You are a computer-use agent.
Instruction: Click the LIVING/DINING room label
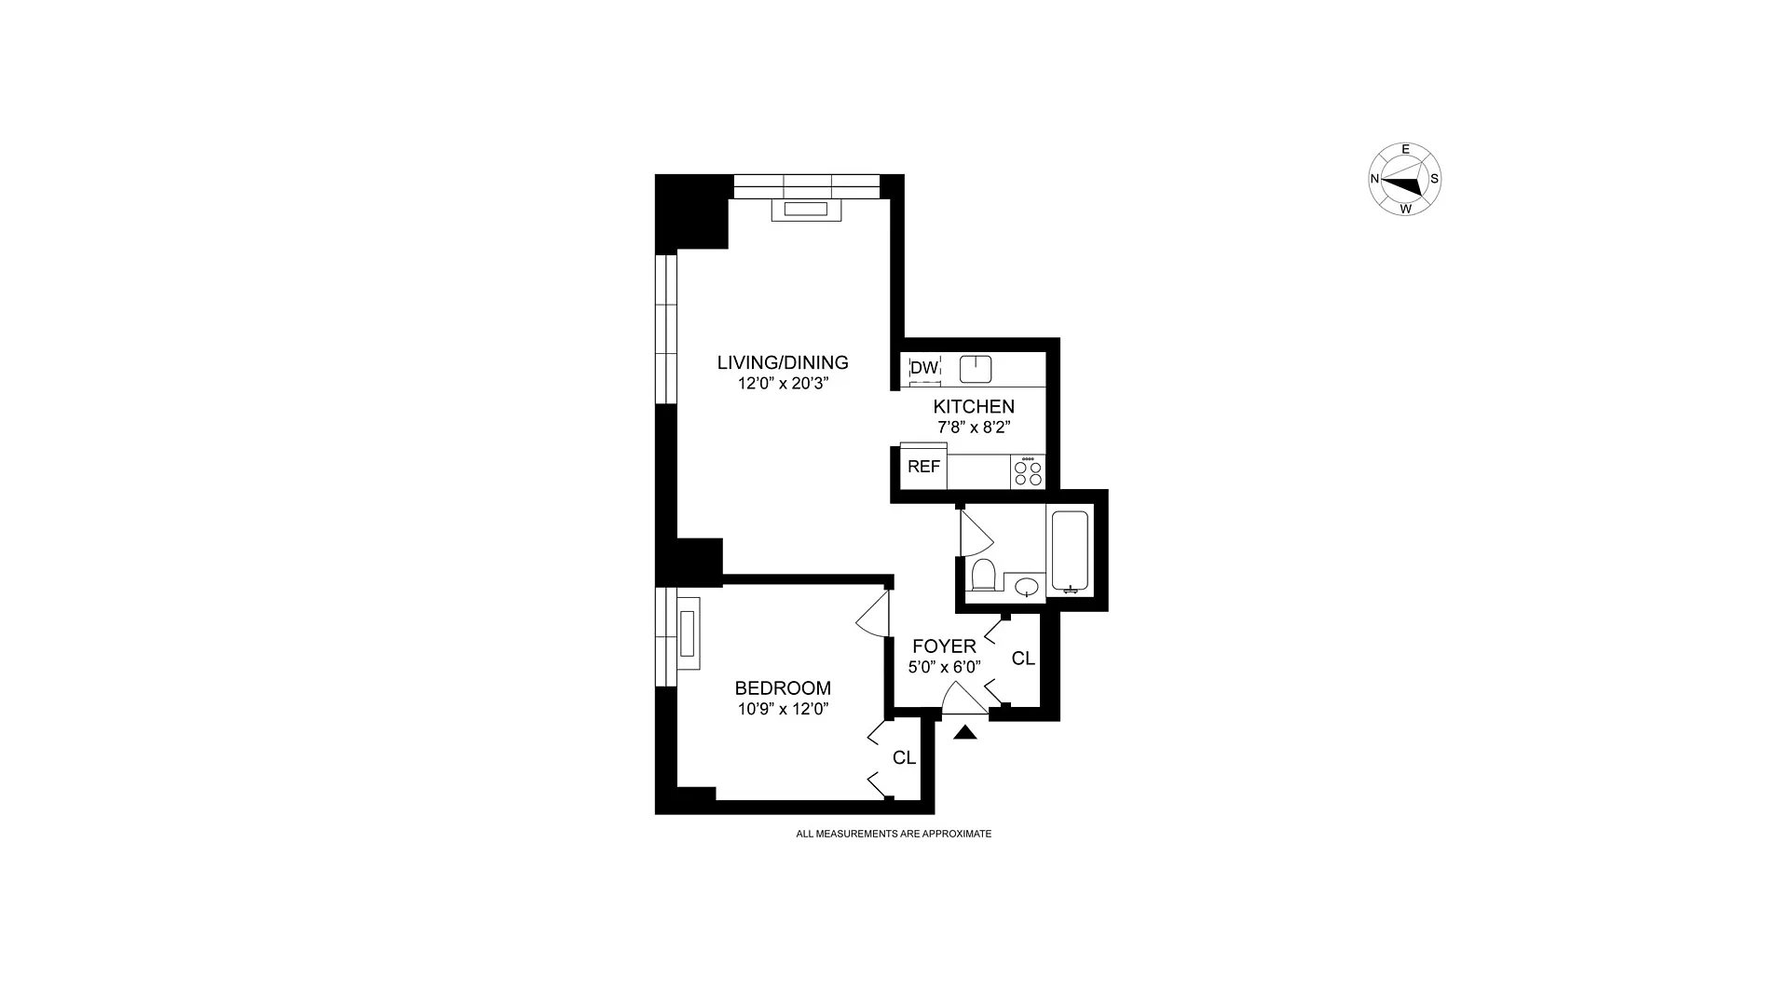click(783, 362)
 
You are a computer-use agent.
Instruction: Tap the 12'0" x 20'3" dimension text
click(783, 382)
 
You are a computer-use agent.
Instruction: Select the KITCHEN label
click(974, 407)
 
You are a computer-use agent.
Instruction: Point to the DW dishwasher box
click(924, 368)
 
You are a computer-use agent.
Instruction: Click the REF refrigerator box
click(923, 467)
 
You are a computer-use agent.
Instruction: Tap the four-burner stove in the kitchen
click(1028, 472)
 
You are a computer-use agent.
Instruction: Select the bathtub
click(1069, 551)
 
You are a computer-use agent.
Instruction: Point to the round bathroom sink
click(1027, 587)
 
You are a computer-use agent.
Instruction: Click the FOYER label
click(944, 646)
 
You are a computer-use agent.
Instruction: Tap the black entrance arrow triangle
click(965, 732)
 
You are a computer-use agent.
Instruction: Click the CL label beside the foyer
click(1023, 659)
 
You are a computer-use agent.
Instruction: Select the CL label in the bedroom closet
click(904, 758)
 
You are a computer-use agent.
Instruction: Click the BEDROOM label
click(783, 688)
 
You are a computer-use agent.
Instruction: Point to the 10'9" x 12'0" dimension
click(783, 709)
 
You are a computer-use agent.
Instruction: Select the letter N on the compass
click(1374, 179)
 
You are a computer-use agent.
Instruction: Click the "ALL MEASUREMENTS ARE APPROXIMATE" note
click(894, 835)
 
